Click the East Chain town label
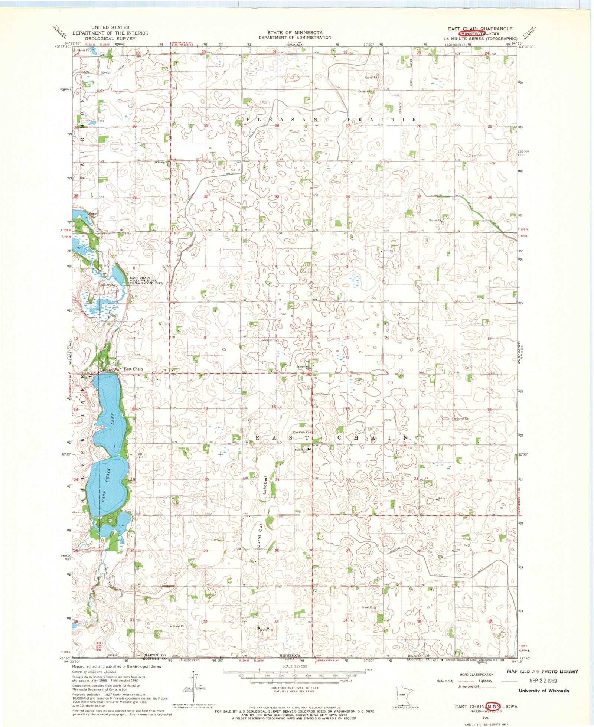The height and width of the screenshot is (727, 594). [133, 369]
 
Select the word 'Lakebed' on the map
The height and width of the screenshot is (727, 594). [265, 485]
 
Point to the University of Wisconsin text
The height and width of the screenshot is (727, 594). [544, 691]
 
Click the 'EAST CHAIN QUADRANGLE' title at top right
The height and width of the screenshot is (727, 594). [480, 29]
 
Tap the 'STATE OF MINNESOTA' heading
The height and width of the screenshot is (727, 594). [295, 32]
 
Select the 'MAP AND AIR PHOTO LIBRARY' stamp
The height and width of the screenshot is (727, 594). [542, 671]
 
